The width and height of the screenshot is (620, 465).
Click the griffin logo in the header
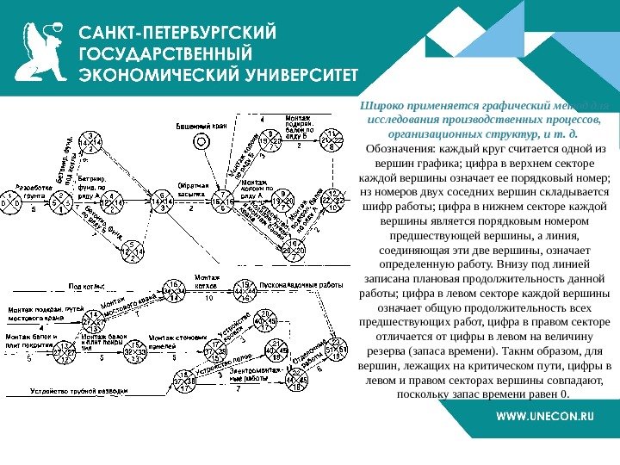pyautogui.click(x=41, y=53)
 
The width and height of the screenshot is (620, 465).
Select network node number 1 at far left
pyautogui.click(x=10, y=202)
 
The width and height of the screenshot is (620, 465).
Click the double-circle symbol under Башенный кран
pyautogui.click(x=201, y=139)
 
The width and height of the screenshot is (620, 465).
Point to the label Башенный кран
pyautogui.click(x=201, y=126)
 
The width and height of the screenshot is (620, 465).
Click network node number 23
pyautogui.click(x=337, y=349)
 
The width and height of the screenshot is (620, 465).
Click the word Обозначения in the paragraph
pyautogui.click(x=400, y=149)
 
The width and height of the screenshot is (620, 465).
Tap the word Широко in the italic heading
pyautogui.click(x=382, y=104)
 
